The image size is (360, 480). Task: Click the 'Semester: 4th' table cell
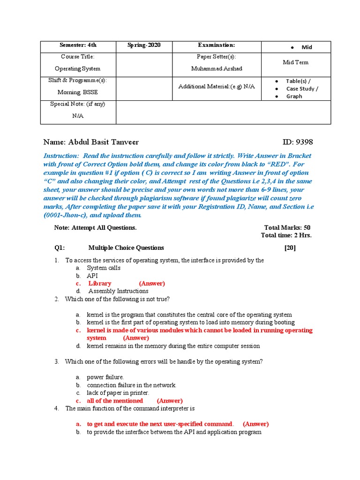78,45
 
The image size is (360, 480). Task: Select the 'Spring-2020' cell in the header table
144,45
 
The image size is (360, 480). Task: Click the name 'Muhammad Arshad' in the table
210,68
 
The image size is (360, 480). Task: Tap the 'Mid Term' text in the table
295,62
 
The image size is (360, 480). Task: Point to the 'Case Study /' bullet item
302,89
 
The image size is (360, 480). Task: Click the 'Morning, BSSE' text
78,92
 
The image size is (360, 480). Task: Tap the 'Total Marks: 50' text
287,227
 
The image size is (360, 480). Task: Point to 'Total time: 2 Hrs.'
286,235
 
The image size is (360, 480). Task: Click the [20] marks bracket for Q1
290,247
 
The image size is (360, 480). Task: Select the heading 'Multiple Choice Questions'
126,247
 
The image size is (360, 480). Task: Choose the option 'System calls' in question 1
104,268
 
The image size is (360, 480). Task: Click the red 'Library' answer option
100,283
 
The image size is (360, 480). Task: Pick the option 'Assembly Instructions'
118,291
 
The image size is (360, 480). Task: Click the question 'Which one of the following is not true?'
117,299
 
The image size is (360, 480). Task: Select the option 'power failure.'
105,377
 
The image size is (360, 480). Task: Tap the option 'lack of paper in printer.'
118,392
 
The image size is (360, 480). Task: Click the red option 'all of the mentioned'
115,400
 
